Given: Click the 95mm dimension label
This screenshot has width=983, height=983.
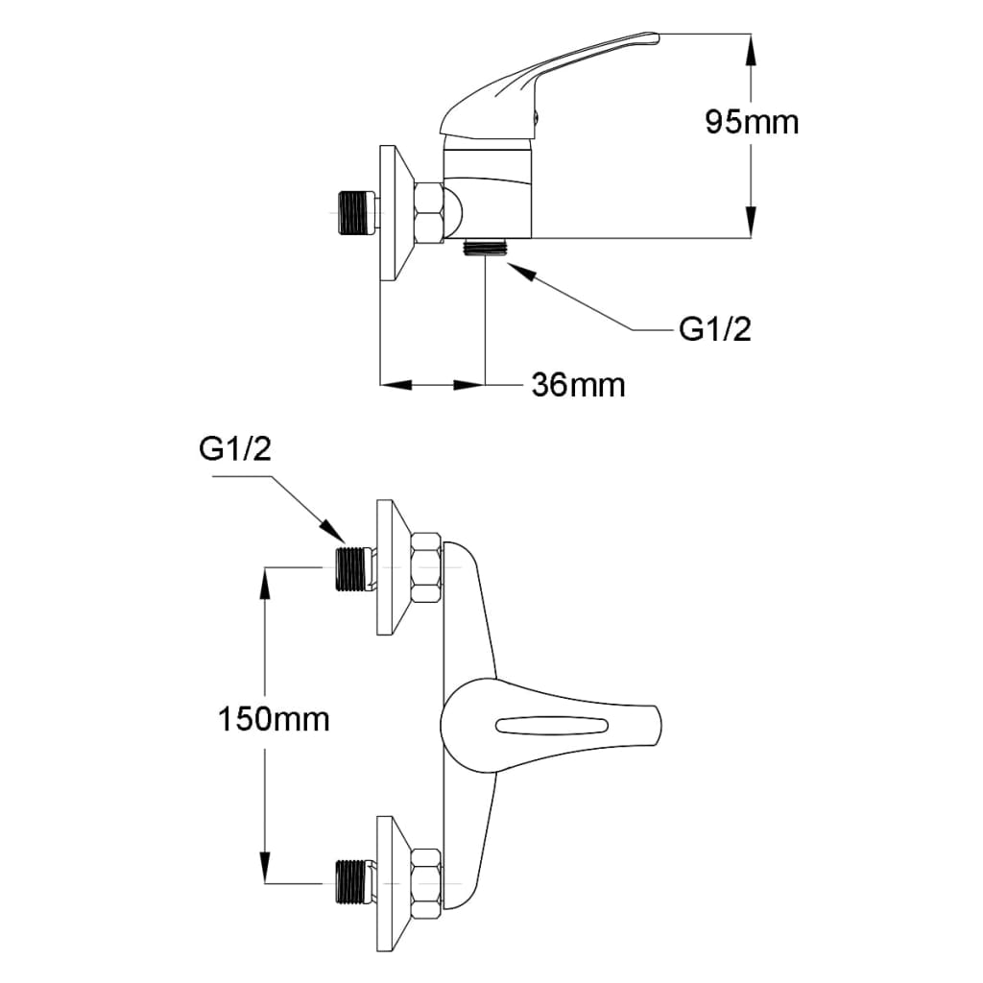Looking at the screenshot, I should coord(752,122).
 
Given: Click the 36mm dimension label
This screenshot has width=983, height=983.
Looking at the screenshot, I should coord(578,385).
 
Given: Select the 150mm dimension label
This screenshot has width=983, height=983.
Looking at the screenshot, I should coord(274,718).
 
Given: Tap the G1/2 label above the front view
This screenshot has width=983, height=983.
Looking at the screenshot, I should coord(235,448).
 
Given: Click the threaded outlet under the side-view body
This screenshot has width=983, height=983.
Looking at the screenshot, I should coord(485,246).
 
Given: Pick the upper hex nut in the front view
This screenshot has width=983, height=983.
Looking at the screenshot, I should coord(425,569).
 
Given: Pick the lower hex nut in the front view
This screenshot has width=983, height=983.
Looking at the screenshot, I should coord(425,882).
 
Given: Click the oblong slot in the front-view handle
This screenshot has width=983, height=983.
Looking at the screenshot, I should coord(552,724).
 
